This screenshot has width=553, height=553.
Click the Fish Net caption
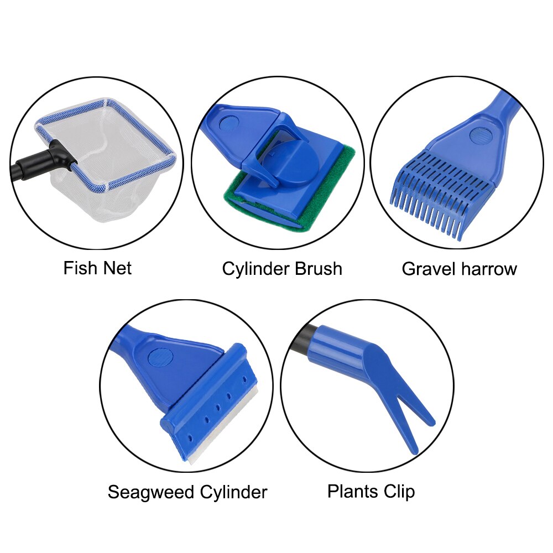point(97,269)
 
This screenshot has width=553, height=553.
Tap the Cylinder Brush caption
point(282,269)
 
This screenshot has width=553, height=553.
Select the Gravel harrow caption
point(459,269)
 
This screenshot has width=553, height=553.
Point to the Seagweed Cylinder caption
point(187,492)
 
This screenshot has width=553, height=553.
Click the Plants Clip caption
point(371,491)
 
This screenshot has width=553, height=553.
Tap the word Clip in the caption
point(398,491)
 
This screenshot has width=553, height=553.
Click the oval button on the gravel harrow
point(478,134)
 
